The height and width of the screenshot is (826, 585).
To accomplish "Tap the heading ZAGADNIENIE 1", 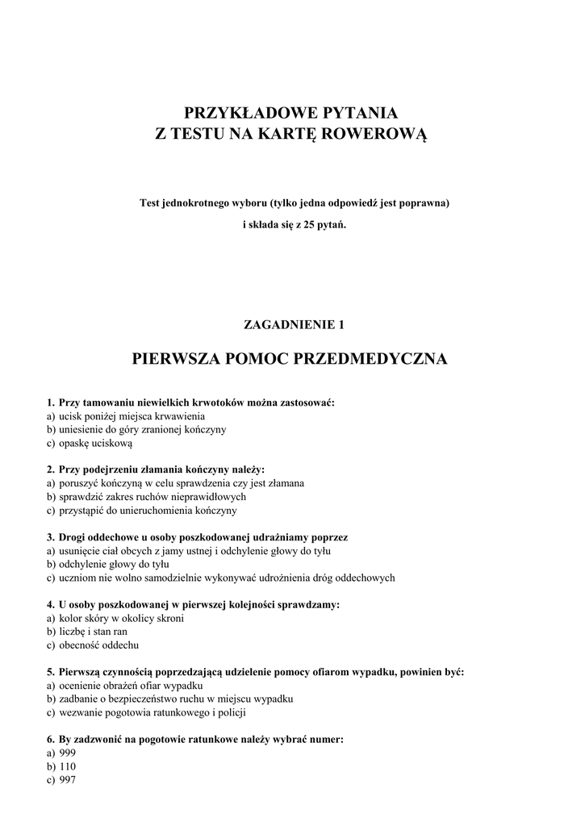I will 293,325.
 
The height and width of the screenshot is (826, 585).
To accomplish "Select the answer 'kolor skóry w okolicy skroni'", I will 121,618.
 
